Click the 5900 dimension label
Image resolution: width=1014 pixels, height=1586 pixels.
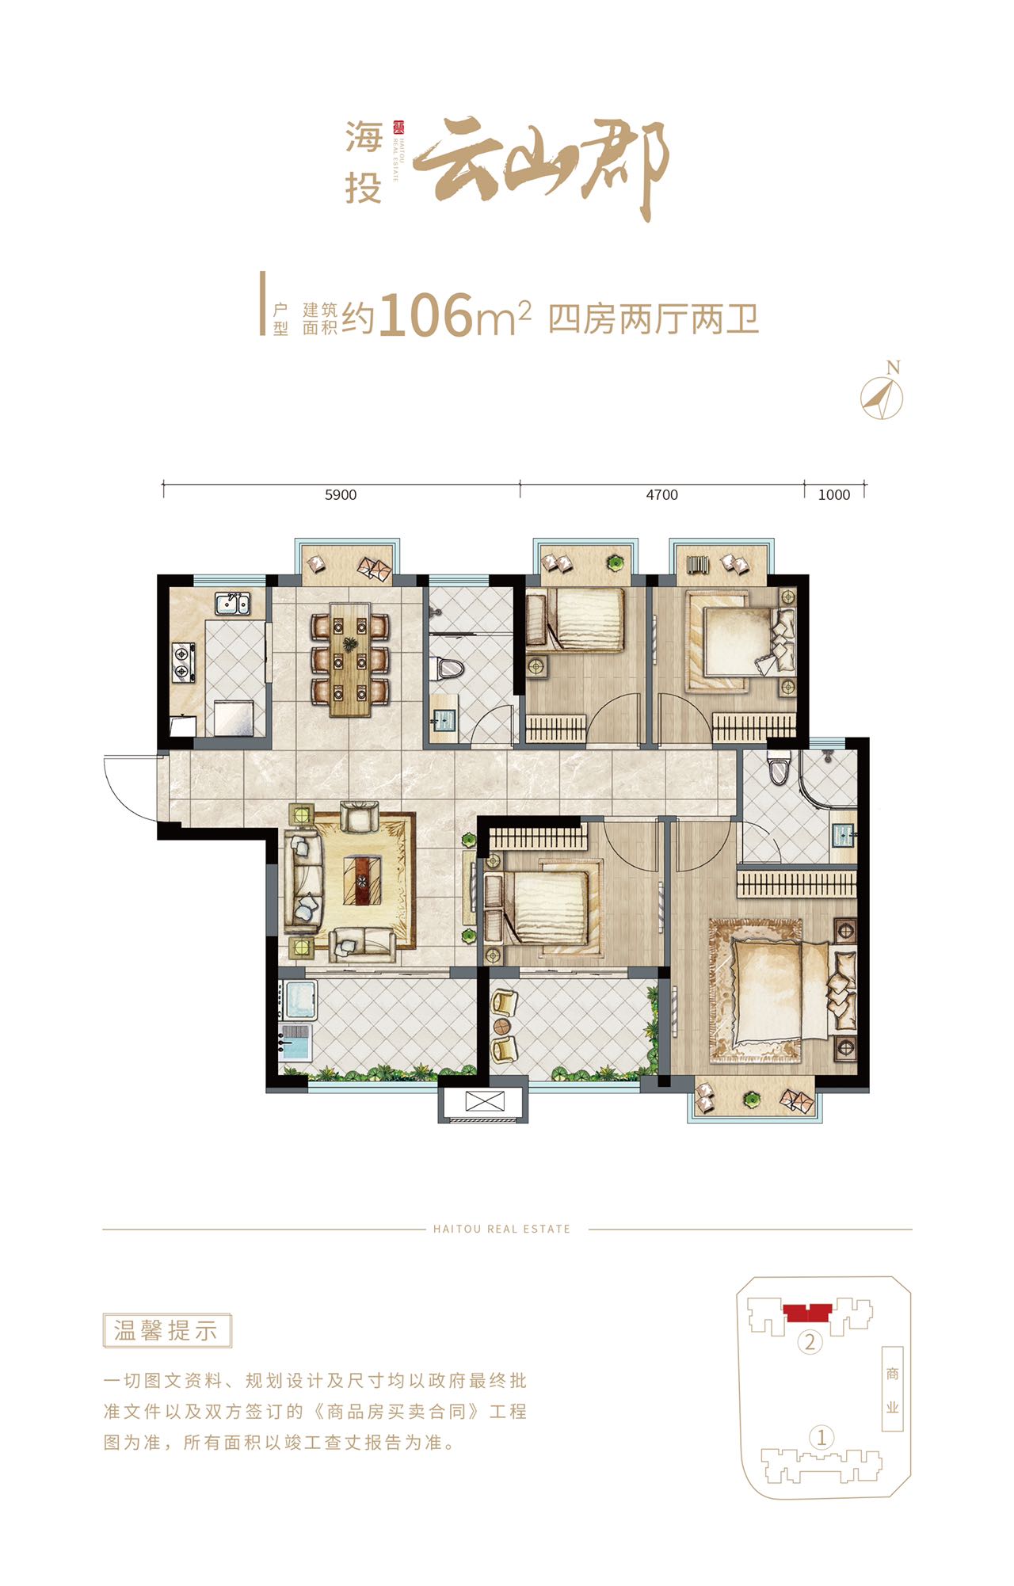tap(341, 495)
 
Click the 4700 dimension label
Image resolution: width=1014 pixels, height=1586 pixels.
tap(662, 495)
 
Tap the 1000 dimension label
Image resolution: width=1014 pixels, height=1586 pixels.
tap(834, 495)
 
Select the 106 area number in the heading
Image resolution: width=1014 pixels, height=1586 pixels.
tap(426, 315)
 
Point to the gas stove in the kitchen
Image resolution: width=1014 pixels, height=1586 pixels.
tap(184, 664)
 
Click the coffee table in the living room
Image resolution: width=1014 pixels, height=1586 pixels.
tap(362, 880)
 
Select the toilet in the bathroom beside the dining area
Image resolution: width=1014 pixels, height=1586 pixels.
tap(449, 669)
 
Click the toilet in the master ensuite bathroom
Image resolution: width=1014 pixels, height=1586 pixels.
tap(779, 767)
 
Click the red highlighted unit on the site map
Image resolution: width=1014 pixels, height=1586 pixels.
tap(807, 1313)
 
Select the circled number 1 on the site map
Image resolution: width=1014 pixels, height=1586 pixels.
tap(821, 1436)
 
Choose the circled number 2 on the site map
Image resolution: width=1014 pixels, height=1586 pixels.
tap(809, 1342)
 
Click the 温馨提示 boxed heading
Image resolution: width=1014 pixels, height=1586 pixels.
tap(166, 1331)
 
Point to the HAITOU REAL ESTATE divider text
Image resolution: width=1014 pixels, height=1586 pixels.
tap(501, 1229)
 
